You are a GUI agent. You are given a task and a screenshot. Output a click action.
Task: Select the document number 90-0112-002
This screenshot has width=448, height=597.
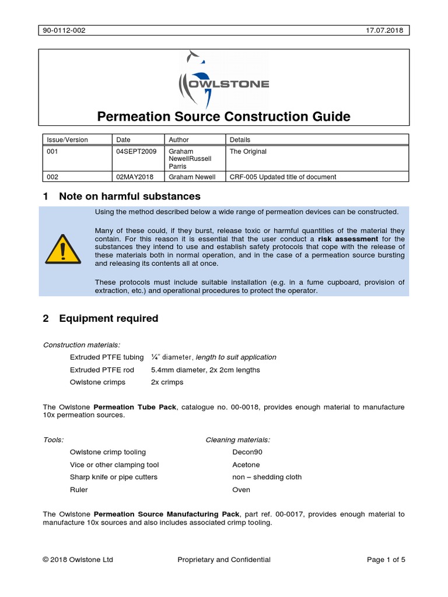tap(65, 30)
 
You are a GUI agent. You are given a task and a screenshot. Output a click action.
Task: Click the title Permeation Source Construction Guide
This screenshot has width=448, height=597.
tap(223, 117)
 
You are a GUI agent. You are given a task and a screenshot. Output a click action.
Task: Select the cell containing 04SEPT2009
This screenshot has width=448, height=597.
tap(136, 152)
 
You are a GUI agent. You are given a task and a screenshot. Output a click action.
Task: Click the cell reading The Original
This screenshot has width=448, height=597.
tap(248, 152)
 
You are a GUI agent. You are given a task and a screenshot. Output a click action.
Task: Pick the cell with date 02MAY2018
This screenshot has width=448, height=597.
tap(135, 177)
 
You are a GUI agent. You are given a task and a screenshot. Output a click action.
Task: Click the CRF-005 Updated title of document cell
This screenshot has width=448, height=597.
tap(283, 177)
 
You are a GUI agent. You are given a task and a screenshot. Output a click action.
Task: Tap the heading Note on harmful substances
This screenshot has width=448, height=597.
tap(129, 196)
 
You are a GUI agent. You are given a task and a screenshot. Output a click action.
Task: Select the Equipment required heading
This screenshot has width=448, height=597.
tap(108, 318)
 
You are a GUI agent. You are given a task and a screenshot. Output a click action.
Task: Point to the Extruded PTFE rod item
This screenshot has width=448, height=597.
tap(102, 370)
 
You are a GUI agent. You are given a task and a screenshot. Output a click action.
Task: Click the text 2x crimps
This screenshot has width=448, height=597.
tap(167, 382)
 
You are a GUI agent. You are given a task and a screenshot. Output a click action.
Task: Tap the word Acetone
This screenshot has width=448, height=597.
tap(246, 465)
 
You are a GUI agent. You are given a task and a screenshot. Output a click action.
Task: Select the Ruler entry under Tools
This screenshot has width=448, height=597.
tap(79, 490)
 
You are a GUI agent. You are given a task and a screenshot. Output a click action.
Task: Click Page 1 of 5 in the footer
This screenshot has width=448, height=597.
tap(386, 560)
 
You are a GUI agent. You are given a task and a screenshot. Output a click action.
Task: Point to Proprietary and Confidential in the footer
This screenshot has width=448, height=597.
tap(224, 560)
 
